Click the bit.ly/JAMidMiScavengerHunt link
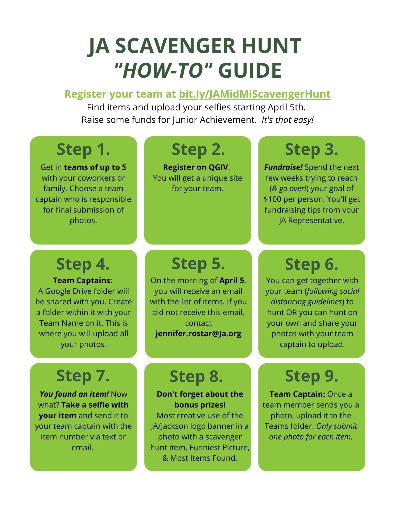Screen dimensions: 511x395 [254, 94]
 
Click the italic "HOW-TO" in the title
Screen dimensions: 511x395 [163, 71]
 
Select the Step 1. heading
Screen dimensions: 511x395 [83, 149]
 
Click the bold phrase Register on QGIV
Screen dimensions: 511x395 [196, 167]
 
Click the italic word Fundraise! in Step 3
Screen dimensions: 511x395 [283, 167]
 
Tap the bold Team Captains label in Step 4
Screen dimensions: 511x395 [82, 281]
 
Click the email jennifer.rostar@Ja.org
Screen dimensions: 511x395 [198, 334]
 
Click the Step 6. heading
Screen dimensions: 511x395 [311, 264]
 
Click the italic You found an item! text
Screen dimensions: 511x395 [74, 394]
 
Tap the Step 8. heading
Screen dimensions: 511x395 [196, 377]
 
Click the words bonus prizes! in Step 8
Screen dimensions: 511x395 [200, 405]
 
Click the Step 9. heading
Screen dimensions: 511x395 [311, 376]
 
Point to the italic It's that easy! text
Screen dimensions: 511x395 [287, 120]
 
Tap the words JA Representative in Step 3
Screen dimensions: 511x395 [311, 220]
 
